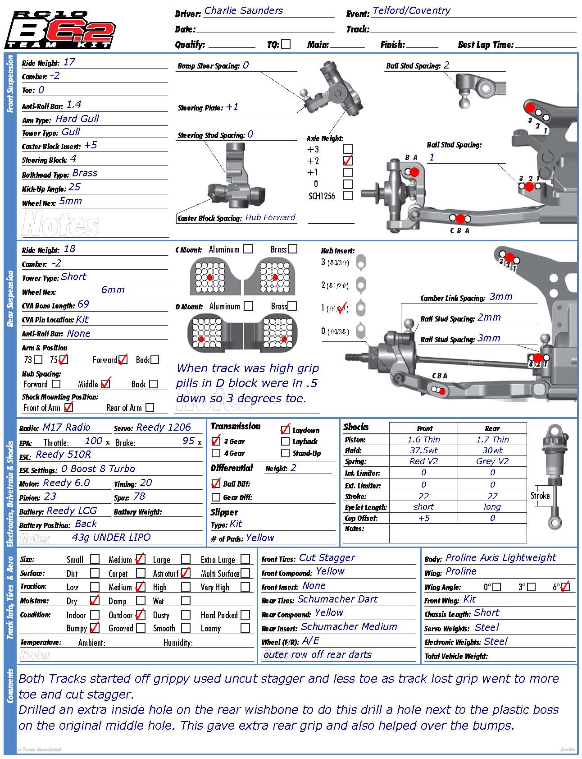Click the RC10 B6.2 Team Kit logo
coord(60,30)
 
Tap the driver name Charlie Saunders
coord(243,11)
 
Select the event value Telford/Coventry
coord(411,11)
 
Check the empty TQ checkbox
coord(286,44)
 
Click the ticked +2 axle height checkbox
coord(348,161)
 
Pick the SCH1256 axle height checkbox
coord(348,196)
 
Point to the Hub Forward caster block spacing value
coord(270,217)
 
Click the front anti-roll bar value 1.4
coord(74,105)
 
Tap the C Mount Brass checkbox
coord(293,249)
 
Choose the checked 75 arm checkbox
coord(63,359)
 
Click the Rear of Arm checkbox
coord(150,407)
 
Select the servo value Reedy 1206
coord(164,428)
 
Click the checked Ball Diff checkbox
coord(216,483)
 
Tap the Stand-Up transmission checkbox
coord(285,453)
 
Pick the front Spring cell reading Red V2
coord(423,461)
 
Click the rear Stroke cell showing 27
coord(492,496)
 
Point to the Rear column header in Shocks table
coord(492,428)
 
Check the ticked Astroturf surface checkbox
coord(185,573)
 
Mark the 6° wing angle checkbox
coord(565,587)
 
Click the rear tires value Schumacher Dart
coord(337,599)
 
